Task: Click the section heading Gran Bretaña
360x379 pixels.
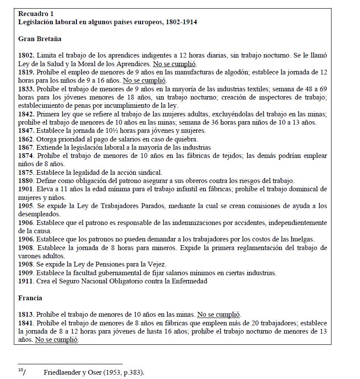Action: [40, 39]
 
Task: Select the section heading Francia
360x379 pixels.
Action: [30, 298]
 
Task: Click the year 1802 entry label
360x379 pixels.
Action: [26, 56]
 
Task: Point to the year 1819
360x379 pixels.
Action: [26, 72]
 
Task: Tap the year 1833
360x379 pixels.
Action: [26, 89]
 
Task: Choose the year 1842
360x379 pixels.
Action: [26, 114]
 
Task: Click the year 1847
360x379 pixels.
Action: [26, 131]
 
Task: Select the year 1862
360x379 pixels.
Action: [26, 139]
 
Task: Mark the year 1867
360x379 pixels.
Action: [26, 148]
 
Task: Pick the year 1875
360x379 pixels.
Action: [26, 172]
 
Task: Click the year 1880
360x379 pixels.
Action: [26, 180]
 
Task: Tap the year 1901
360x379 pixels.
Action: [26, 189]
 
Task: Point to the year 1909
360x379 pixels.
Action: [26, 273]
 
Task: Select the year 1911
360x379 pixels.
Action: [26, 281]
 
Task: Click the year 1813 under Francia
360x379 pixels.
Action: [26, 315]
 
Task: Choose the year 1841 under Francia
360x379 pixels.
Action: [26, 323]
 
